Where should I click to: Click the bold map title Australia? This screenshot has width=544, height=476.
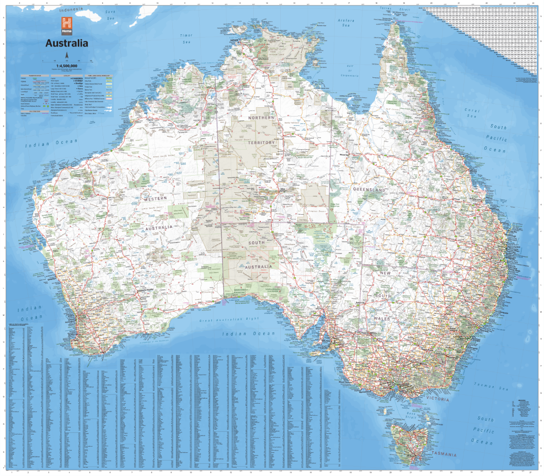pos(66,43)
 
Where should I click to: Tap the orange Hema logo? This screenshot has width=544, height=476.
pos(67,24)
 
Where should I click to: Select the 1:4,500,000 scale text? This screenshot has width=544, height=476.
pos(66,65)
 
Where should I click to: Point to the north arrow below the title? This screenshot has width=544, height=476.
pos(67,55)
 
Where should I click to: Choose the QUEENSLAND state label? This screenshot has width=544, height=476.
pos(369,189)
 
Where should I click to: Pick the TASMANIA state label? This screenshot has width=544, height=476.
pos(444,454)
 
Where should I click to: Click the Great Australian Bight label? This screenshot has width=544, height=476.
pos(229,319)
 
